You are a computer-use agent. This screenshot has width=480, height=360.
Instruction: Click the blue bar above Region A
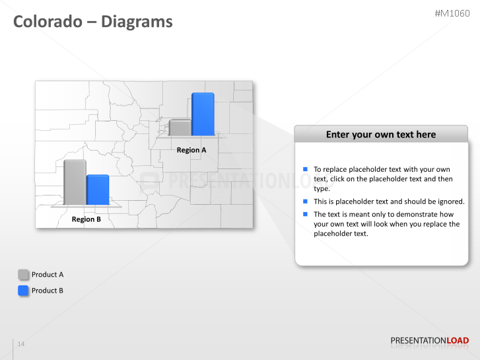[203, 114]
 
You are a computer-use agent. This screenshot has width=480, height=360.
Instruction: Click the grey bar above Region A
[180, 127]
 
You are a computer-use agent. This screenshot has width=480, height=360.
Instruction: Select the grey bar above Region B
[75, 182]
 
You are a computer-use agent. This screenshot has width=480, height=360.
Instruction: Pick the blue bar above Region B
[98, 190]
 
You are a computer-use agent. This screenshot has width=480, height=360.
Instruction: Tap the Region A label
[191, 150]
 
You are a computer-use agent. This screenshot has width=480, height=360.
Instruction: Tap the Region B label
[86, 219]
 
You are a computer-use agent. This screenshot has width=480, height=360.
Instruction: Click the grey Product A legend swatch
[24, 275]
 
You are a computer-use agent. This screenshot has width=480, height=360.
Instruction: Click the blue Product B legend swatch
[24, 291]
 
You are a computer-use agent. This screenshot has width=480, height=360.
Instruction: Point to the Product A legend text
[48, 275]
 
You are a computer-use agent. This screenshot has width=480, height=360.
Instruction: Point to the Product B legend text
[48, 291]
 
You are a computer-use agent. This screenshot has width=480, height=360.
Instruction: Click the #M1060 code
[452, 13]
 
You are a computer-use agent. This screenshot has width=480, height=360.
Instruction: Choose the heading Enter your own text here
[381, 134]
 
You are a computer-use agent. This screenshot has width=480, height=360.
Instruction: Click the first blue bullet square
[306, 170]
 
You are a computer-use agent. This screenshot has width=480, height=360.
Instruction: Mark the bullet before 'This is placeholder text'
[306, 201]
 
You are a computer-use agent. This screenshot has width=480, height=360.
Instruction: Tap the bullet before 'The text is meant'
[306, 214]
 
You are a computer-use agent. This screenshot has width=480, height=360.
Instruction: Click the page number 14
[21, 344]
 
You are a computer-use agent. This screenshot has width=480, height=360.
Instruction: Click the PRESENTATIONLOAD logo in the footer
[430, 341]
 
